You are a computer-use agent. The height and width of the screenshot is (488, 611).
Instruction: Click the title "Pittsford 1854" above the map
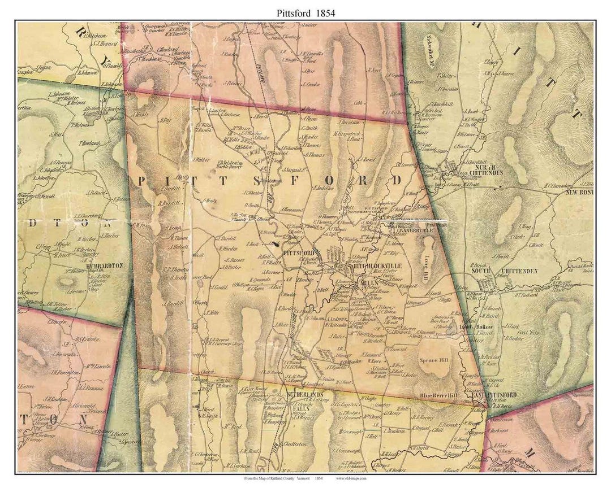coord(306,11)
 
